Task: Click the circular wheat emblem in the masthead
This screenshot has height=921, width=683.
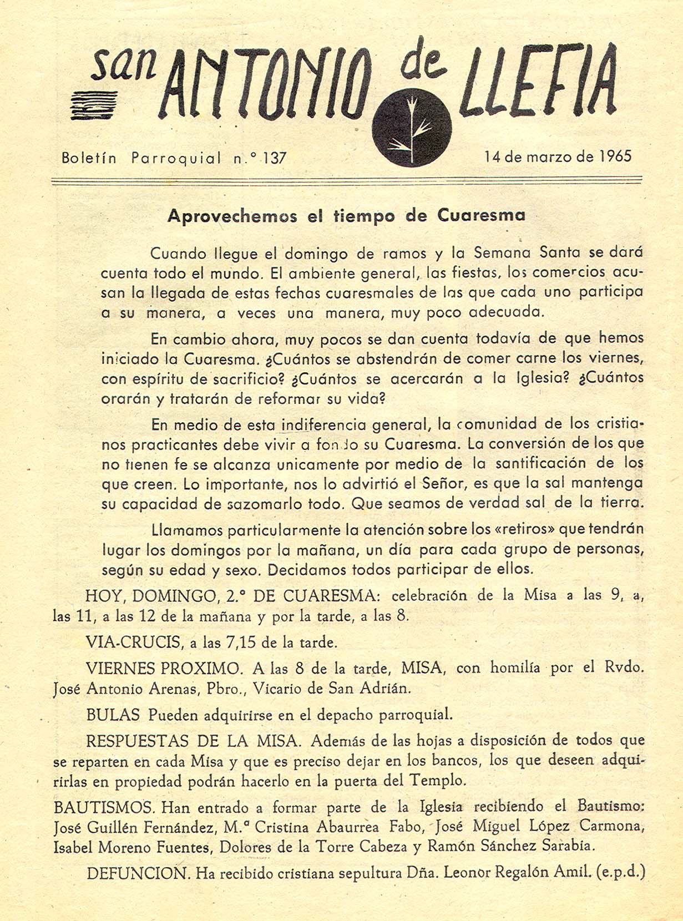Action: [411, 127]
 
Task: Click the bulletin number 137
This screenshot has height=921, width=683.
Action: [275, 158]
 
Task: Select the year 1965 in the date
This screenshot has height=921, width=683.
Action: [615, 156]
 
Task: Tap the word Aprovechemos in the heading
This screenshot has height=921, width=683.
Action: [232, 216]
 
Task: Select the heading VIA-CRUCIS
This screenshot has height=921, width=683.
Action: [134, 642]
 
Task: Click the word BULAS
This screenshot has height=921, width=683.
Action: [113, 715]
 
